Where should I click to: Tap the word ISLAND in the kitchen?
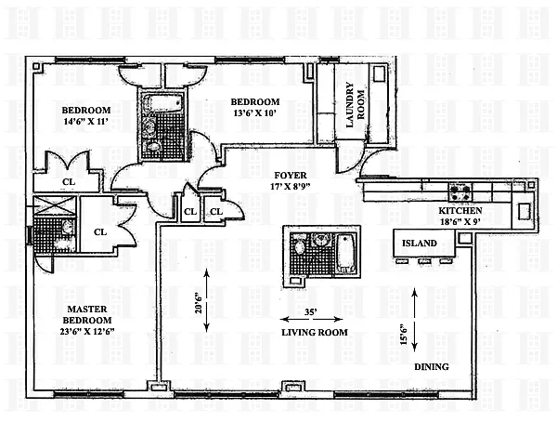tap(420, 244)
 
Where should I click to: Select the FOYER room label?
tap(291, 176)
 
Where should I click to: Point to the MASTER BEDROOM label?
tap(87, 314)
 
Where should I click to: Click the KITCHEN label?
tap(460, 211)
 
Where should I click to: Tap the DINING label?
tap(432, 367)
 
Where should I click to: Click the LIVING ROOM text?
tap(315, 333)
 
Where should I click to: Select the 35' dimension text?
tap(311, 312)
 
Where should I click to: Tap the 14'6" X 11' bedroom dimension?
tap(86, 122)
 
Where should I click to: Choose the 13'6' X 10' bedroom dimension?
tap(254, 112)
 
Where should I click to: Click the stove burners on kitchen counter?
tap(460, 192)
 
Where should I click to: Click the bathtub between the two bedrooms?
tap(162, 102)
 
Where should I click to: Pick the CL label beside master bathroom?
tap(100, 232)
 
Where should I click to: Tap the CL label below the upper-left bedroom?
tap(69, 182)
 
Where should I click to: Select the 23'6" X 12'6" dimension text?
tap(87, 332)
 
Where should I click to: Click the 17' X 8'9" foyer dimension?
tap(291, 186)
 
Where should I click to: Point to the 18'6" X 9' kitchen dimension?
tap(460, 221)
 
